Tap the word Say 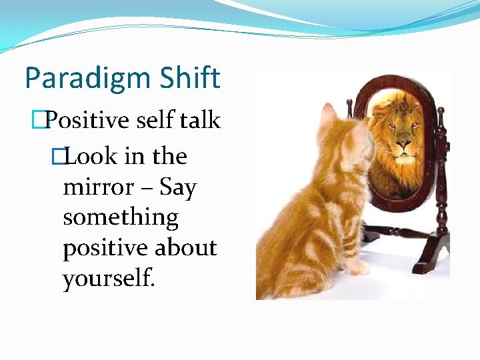coord(178,189)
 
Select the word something coord(121,219)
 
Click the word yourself coord(109,279)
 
